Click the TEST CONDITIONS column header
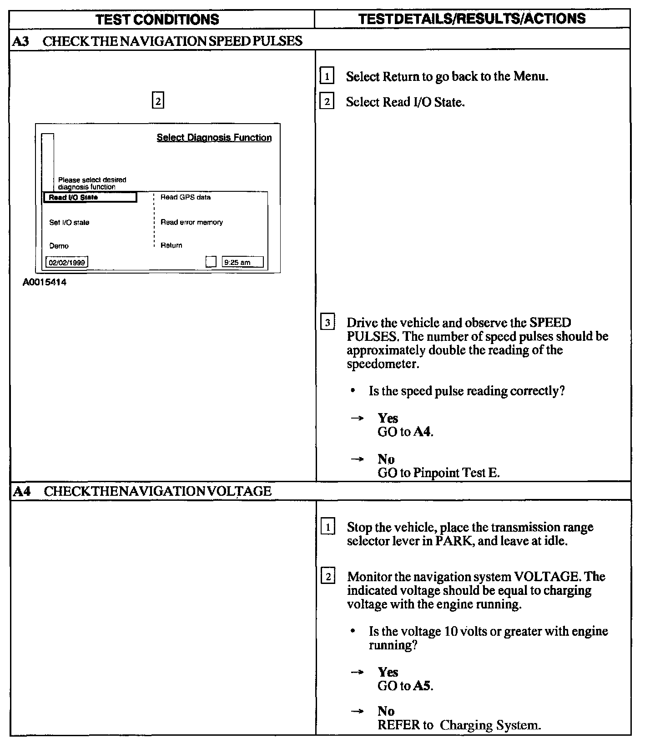tap(158, 19)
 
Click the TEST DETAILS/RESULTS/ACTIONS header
tap(472, 18)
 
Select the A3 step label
tap(20, 41)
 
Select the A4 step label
tap(21, 491)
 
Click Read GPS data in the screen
tap(186, 197)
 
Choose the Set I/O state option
tap(69, 223)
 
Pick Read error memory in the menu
tap(191, 222)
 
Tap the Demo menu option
tap(59, 246)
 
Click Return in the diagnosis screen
tap(171, 245)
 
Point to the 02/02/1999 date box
tap(67, 262)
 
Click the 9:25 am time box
tap(242, 262)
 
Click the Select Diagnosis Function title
tap(214, 138)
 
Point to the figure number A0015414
tap(45, 282)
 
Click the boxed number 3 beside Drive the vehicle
tap(327, 323)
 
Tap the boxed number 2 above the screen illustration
tap(157, 101)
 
